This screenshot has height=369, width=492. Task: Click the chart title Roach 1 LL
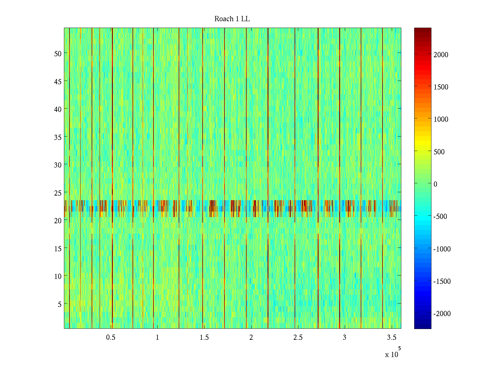click(x=232, y=19)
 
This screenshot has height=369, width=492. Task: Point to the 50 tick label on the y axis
click(x=58, y=54)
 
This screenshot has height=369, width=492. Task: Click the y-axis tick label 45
click(x=58, y=81)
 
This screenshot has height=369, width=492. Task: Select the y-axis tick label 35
click(x=58, y=137)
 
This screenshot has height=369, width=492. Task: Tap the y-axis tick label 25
click(x=58, y=193)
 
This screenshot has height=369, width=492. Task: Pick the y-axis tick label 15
click(x=58, y=248)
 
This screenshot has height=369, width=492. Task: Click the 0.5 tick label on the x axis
click(x=111, y=338)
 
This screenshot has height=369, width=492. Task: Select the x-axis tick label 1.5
click(x=204, y=338)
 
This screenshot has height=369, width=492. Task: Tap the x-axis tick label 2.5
click(x=298, y=338)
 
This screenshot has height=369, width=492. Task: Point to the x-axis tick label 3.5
click(x=391, y=338)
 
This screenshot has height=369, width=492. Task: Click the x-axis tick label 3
click(x=344, y=338)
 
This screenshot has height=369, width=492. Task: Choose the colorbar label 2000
click(x=441, y=55)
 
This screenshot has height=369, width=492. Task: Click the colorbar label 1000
click(x=441, y=120)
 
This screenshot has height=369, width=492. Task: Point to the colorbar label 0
click(x=435, y=184)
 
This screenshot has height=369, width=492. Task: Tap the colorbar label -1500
click(x=442, y=281)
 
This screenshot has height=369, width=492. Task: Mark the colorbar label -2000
click(x=442, y=314)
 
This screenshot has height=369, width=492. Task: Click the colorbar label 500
click(x=439, y=152)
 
